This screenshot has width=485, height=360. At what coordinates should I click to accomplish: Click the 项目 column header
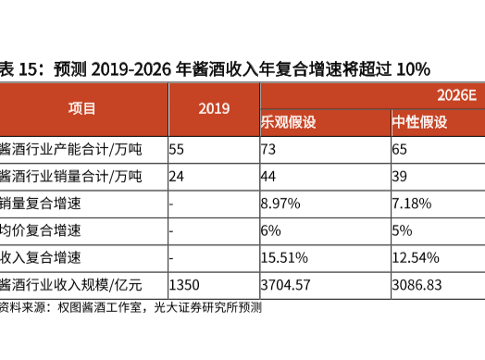(81, 108)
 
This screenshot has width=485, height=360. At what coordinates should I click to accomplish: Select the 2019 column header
(214, 108)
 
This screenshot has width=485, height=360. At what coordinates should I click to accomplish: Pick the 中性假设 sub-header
(420, 122)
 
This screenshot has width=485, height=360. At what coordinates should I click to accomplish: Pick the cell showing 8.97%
(283, 202)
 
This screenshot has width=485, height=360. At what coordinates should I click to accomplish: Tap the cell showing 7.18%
(414, 202)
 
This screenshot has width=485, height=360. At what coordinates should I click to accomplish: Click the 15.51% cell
(287, 255)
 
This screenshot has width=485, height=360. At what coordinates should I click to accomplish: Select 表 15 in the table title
(19, 68)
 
